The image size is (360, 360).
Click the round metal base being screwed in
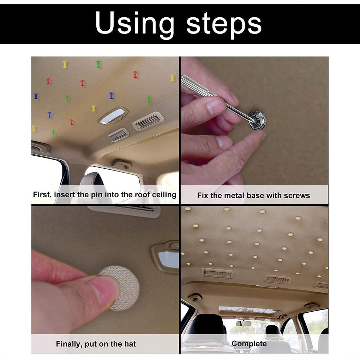tap(257, 120)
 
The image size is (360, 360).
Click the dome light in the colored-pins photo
tap(113, 115)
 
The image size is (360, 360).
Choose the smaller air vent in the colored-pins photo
tap(118, 135)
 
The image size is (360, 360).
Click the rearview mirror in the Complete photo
tap(244, 323)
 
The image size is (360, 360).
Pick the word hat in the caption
tap(130, 344)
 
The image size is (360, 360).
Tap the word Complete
tap(249, 344)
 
